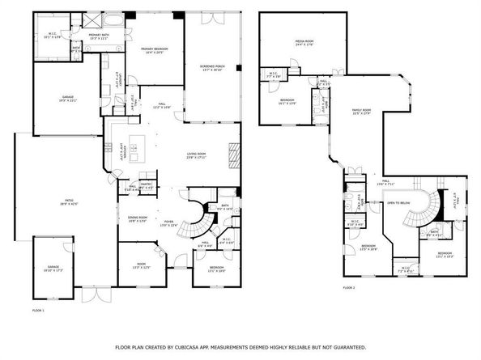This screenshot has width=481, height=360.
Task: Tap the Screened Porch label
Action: pos(212,66)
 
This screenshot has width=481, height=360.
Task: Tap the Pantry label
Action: pos(147,186)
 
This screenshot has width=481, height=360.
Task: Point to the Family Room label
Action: pos(360,112)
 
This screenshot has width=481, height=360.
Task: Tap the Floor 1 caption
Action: pos(37,310)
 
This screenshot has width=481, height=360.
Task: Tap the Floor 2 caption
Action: pos(349,287)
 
